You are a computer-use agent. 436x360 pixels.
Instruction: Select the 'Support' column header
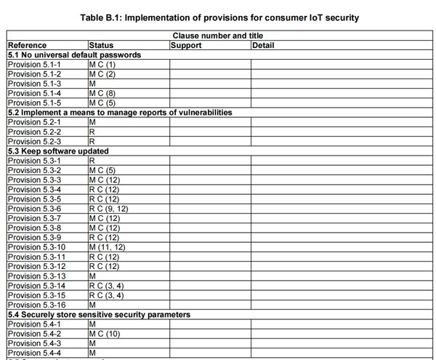pos(186,45)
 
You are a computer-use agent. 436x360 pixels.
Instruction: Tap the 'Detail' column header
pos(264,45)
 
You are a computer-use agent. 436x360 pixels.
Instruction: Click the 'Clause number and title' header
pos(218,36)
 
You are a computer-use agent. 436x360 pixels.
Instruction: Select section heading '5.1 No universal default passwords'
pos(74,55)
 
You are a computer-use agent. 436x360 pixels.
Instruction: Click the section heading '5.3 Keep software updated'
pos(58,151)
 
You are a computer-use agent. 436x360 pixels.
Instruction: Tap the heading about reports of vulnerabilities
pos(120,113)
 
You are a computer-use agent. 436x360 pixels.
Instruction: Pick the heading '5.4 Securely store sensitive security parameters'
pos(99,315)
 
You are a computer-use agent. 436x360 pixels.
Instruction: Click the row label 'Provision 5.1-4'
pos(34,93)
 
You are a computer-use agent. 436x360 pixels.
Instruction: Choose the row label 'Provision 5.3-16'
pos(36,305)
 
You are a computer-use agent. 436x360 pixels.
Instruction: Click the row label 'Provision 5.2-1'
pos(34,122)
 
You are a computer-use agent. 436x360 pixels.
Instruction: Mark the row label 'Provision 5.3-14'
pos(36,286)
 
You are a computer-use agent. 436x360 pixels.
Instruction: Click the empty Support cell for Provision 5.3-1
pos(209,161)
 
